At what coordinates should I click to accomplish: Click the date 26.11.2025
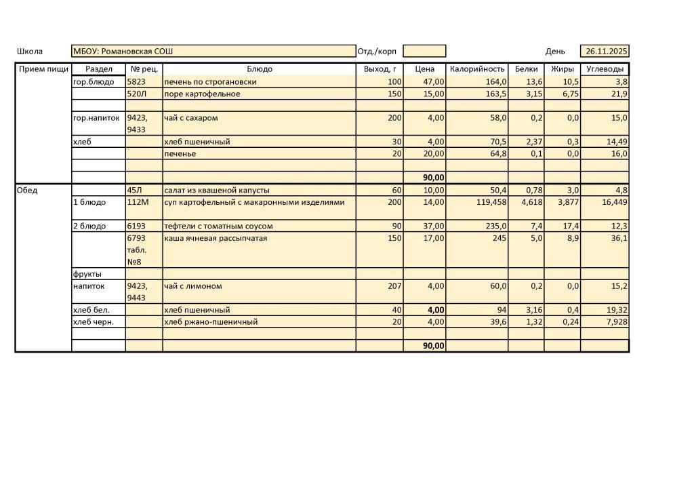(x=607, y=52)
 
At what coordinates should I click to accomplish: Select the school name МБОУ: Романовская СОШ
(x=123, y=52)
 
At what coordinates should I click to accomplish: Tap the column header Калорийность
(x=477, y=69)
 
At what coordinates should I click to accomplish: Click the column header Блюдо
(x=260, y=69)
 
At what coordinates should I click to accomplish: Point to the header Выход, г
(x=380, y=69)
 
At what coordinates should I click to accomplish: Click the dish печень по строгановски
(x=210, y=82)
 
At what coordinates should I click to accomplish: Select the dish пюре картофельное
(x=202, y=94)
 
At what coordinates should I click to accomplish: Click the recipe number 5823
(x=136, y=82)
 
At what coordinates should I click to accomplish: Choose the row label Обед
(x=27, y=191)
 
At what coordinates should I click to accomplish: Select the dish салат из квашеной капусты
(x=216, y=191)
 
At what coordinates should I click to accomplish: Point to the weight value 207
(x=394, y=286)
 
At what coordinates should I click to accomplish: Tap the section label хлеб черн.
(x=94, y=322)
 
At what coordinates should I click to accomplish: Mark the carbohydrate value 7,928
(x=614, y=322)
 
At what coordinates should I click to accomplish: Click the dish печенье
(x=180, y=154)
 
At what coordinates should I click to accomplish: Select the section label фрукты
(x=87, y=274)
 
